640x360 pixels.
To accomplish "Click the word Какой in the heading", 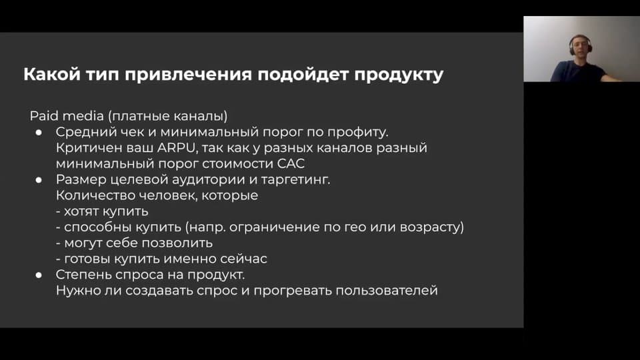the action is (52, 74).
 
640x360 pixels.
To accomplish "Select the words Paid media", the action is (67, 116).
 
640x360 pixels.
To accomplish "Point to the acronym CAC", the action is (291, 164).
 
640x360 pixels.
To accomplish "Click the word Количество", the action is (95, 195).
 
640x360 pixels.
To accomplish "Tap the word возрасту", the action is (432, 227).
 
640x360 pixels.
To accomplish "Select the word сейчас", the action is (244, 259).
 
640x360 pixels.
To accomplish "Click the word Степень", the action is (84, 275).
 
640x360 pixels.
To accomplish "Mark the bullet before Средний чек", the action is (39, 132).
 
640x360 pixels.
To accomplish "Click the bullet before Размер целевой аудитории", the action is (39, 179).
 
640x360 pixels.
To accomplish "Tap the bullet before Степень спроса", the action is (39, 275).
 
